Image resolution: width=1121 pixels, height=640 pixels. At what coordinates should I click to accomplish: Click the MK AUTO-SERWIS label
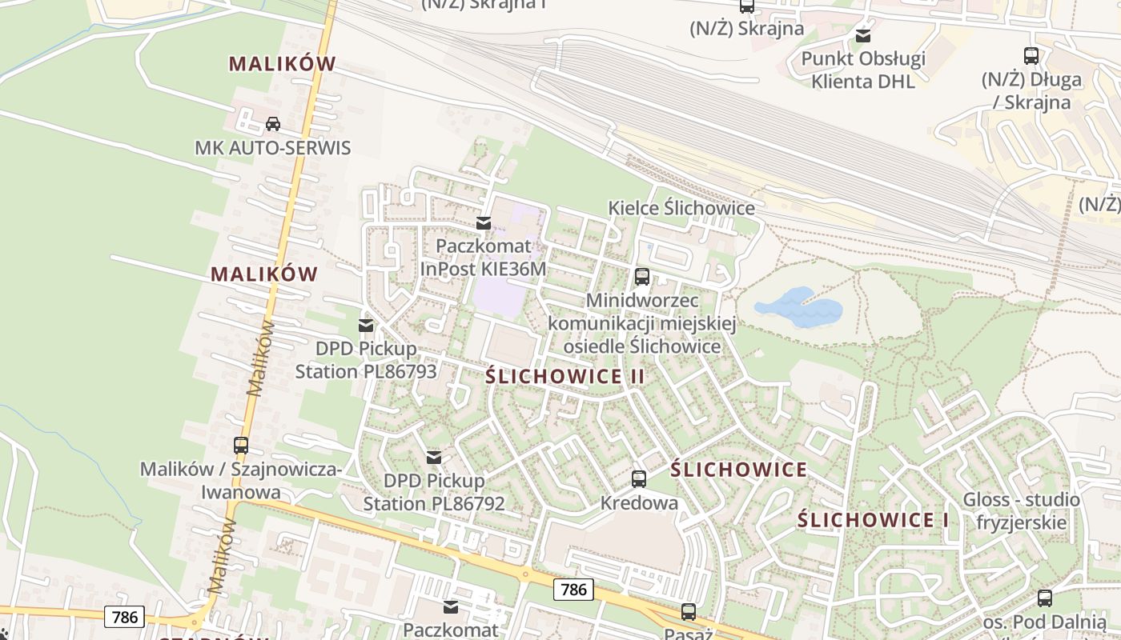[273, 148]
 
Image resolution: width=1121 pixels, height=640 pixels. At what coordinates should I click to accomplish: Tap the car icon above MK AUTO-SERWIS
[272, 124]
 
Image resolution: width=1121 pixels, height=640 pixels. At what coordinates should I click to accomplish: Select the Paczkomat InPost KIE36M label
[483, 257]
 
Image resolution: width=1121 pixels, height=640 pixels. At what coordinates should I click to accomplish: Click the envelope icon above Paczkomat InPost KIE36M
[484, 223]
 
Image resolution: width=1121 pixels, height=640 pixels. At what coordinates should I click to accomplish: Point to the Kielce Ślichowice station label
[681, 208]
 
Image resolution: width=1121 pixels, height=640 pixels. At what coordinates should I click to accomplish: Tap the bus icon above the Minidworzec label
[641, 277]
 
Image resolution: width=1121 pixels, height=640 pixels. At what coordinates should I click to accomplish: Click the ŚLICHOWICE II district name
[565, 377]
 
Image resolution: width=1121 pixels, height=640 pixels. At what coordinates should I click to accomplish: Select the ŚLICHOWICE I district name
[873, 520]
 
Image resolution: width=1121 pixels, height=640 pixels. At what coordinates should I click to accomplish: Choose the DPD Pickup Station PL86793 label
[366, 360]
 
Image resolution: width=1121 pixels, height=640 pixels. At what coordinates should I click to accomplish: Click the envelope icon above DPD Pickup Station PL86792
[434, 458]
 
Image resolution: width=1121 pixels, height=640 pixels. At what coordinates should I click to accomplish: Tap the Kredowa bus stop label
[639, 503]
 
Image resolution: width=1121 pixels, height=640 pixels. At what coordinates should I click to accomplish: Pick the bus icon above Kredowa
[639, 479]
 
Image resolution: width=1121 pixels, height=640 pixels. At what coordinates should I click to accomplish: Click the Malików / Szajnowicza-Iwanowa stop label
[241, 481]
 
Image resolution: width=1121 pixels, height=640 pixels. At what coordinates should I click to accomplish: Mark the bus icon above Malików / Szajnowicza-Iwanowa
[241, 446]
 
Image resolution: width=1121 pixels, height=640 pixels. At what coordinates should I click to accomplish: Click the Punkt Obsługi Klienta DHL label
[863, 70]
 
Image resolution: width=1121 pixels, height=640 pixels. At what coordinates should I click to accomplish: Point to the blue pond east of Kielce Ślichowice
[798, 307]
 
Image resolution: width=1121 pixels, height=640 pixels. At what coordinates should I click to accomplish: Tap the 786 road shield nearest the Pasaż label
[573, 590]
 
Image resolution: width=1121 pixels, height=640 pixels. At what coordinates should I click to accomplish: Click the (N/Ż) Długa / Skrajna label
[1031, 90]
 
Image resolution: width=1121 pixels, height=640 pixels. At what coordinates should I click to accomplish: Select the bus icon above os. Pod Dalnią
[1045, 598]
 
